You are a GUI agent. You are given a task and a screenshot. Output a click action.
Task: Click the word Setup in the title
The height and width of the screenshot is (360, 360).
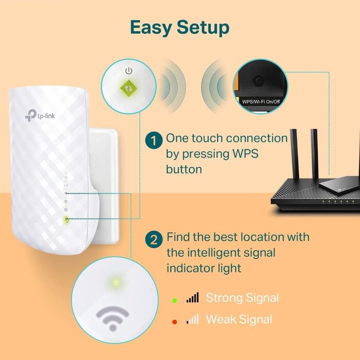tap(202, 28)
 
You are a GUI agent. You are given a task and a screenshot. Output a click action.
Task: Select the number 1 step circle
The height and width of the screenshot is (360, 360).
tap(153, 140)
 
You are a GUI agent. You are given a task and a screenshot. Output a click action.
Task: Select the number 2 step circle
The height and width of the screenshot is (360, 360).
tap(153, 239)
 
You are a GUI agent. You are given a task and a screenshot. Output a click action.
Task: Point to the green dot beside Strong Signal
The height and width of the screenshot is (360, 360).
tap(174, 299)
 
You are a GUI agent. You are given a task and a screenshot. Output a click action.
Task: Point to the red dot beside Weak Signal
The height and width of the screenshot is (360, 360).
tap(174, 321)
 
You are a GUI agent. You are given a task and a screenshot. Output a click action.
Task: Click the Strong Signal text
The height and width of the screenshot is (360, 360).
tap(242, 298)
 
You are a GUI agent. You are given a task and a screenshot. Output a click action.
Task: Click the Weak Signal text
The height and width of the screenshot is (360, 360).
tap(239, 319)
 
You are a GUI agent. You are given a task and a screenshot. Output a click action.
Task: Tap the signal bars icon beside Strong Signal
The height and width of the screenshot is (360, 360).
tap(192, 297)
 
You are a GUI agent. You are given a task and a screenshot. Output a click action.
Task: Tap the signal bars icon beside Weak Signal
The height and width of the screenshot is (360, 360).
tap(192, 319)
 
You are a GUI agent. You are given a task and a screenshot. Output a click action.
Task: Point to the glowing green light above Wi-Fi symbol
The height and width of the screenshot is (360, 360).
tap(116, 282)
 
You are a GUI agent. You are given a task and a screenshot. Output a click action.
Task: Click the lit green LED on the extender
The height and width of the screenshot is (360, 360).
tap(65, 219)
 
